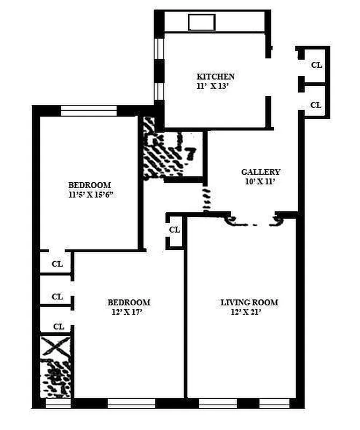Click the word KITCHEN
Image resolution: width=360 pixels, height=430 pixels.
coord(215,77)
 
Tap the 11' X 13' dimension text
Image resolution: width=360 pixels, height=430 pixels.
coord(215,85)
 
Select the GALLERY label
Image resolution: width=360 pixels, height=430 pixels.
coord(261,173)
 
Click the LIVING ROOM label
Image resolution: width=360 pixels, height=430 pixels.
coord(249,302)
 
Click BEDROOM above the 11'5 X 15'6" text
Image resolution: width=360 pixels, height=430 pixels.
coord(89,185)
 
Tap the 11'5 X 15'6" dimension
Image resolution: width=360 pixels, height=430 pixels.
coord(89,195)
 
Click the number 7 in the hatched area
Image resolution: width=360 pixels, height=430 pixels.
coord(189,154)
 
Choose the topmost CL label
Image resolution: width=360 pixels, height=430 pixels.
coord(316,65)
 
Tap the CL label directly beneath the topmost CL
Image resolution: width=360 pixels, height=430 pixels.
coord(316,105)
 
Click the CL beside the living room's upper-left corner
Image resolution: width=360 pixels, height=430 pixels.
coord(175,230)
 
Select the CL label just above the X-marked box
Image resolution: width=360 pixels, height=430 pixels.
coord(59,327)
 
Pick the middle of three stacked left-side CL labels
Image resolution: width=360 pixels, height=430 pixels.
coord(57,297)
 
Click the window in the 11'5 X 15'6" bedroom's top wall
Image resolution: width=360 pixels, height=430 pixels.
coord(89,111)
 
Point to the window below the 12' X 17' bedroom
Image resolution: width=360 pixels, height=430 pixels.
coord(131,403)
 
